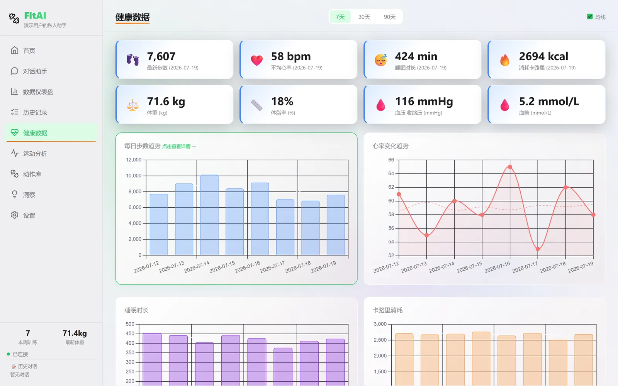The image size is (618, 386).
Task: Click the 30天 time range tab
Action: pos(364,17)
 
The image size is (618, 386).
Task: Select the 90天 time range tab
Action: pos(390,17)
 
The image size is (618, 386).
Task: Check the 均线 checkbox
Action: pos(589,17)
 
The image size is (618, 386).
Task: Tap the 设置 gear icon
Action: pos(14,215)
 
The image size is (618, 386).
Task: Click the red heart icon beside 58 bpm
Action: pos(256,60)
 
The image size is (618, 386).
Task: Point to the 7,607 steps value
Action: pos(161,56)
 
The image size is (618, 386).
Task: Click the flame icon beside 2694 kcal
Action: pos(504,60)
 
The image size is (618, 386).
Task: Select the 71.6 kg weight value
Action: pos(166,102)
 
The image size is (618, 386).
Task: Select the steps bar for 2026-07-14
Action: pos(209,215)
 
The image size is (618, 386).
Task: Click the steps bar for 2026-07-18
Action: pos(311,228)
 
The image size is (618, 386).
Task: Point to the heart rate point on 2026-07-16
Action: pos(510,167)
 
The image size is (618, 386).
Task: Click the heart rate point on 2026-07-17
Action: pos(538,249)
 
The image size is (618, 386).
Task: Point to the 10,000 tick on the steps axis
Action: pos(134,176)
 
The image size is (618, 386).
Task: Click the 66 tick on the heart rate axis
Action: pos(391,160)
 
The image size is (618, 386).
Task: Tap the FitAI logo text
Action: pos(35,16)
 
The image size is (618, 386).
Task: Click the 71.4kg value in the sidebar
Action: pos(75,334)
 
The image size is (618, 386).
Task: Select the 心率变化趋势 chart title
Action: pos(390,146)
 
